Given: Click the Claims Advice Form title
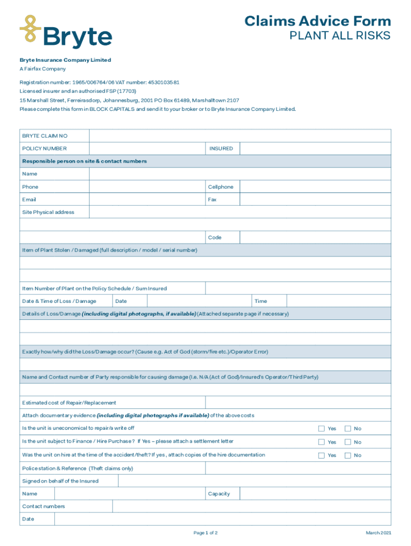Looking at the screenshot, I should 318,21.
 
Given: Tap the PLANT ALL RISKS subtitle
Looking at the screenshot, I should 339,36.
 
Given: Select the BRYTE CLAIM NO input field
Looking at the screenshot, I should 240,136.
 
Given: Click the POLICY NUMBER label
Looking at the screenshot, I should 44,149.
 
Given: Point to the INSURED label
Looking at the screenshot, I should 221,149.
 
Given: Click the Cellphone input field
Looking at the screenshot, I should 315,187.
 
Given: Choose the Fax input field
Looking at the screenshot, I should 315,200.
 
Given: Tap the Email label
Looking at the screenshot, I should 29,200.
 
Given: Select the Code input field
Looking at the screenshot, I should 315,238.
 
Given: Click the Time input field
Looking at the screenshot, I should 338,301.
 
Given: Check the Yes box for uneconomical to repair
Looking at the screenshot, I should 321,429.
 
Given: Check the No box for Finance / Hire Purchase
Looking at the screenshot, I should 347,442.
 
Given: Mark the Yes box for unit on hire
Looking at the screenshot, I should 321,455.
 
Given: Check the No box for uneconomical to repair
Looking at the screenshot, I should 347,429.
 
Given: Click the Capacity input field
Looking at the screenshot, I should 315,494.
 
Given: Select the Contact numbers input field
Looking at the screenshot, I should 251,507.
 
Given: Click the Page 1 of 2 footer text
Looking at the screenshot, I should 205,533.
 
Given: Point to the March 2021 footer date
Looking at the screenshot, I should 378,533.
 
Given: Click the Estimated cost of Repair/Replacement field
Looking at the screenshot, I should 298,403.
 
